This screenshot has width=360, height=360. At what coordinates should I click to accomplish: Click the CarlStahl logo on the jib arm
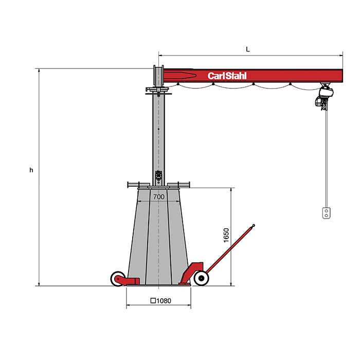[227, 76]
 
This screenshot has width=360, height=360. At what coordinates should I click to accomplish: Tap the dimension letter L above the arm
[248, 49]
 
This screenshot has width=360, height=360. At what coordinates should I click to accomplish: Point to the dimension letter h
[31, 170]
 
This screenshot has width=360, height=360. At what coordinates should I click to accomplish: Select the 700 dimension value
[159, 197]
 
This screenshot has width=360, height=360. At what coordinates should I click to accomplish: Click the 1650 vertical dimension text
[226, 236]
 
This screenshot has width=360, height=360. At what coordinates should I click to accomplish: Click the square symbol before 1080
[153, 300]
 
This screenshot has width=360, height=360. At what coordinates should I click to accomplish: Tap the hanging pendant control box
[326, 213]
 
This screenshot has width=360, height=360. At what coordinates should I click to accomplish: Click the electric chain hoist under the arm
[324, 97]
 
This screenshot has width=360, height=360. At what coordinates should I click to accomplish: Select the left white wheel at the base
[118, 279]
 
